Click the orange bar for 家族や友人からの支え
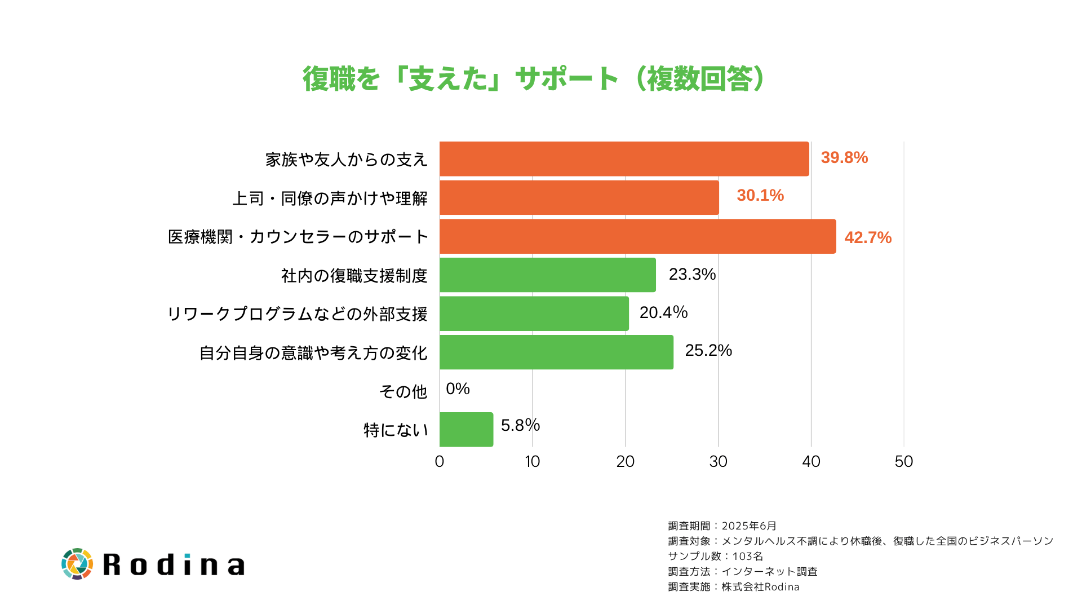(624, 159)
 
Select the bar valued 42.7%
(637, 236)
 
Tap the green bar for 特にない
(466, 430)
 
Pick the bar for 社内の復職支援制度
(547, 275)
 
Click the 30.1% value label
(760, 196)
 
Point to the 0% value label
(458, 389)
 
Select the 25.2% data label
(708, 351)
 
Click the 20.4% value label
(663, 312)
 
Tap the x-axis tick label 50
(903, 462)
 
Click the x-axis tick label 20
(625, 462)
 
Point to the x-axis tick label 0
(440, 462)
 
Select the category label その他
(403, 391)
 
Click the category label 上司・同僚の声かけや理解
(330, 198)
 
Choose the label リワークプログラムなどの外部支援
(298, 314)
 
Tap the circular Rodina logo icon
(77, 564)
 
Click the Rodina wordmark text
(174, 565)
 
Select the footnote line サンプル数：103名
(716, 557)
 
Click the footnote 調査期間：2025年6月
(722, 526)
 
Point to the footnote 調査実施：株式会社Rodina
(734, 587)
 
